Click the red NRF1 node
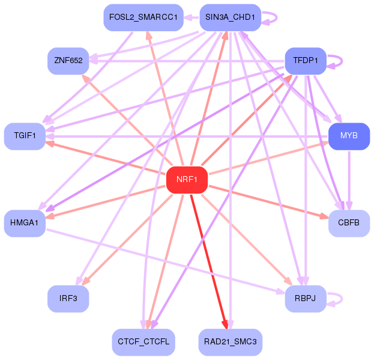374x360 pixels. click(x=187, y=179)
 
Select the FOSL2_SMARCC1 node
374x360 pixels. click(x=143, y=17)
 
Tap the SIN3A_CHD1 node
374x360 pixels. click(x=229, y=17)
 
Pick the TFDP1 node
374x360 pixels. click(x=306, y=60)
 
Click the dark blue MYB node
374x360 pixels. click(x=349, y=136)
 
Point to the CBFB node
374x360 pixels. click(x=349, y=223)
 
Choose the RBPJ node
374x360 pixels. click(x=306, y=299)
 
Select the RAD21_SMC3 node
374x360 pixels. click(x=231, y=342)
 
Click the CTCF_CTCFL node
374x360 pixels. click(x=143, y=342)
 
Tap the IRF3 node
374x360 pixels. click(x=68, y=299)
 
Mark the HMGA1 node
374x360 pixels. click(x=25, y=223)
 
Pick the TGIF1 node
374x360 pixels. click(x=25, y=136)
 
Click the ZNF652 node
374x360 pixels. click(x=68, y=60)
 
